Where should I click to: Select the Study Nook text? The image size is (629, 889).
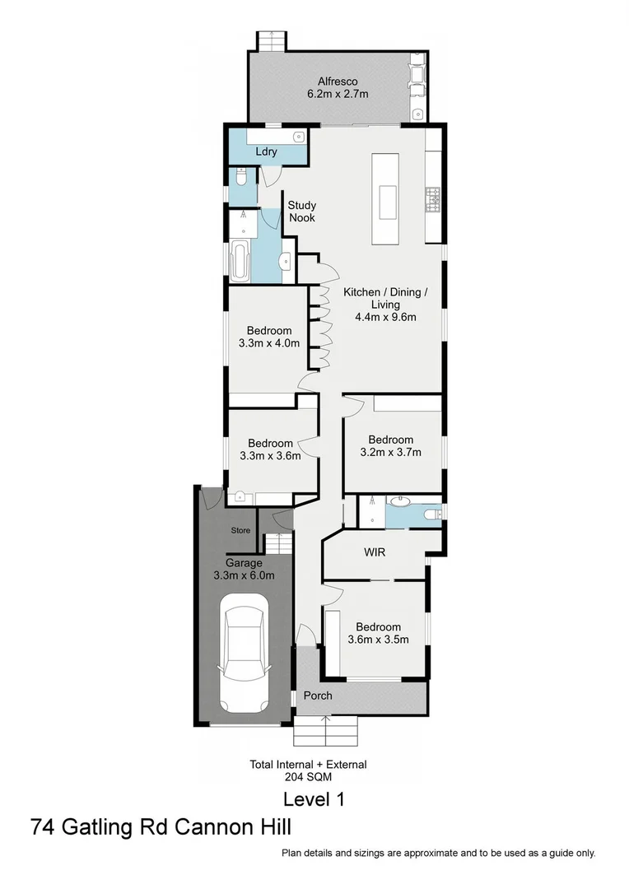[x=301, y=212]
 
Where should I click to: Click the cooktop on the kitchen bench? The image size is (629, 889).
[x=433, y=198]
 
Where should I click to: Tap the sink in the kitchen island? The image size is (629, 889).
[x=387, y=198]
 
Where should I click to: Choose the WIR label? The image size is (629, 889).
[x=375, y=551]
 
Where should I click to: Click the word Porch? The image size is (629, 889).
[x=318, y=696]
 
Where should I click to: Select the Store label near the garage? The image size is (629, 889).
[x=240, y=531]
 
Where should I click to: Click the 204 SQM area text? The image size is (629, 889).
[x=308, y=775]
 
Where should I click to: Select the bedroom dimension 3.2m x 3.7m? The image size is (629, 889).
[x=390, y=452]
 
